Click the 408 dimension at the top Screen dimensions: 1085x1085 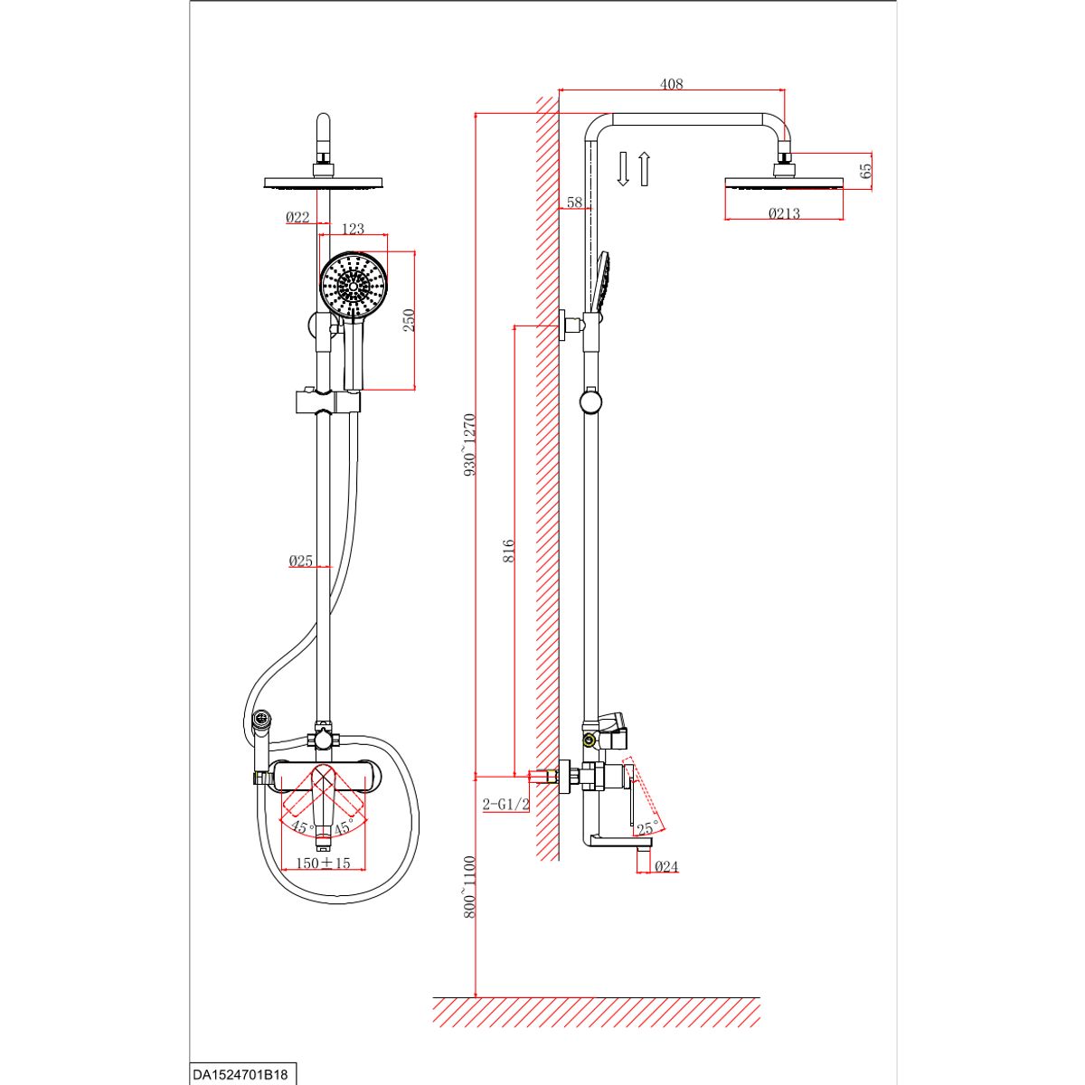pyautogui.click(x=671, y=84)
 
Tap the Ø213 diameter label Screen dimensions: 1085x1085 pyautogui.click(x=784, y=214)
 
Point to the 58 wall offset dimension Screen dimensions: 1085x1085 pyautogui.click(x=574, y=203)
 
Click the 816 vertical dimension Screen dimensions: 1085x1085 pyautogui.click(x=508, y=552)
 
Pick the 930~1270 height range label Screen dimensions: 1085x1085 pyautogui.click(x=468, y=445)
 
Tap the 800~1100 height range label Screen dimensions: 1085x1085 pyautogui.click(x=468, y=887)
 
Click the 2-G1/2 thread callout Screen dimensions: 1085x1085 pyautogui.click(x=505, y=805)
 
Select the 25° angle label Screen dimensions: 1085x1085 pyautogui.click(x=646, y=828)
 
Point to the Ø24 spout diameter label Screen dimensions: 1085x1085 pyautogui.click(x=665, y=867)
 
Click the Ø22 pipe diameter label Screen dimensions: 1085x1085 pyautogui.click(x=297, y=217)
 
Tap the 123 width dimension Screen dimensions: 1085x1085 pyautogui.click(x=353, y=230)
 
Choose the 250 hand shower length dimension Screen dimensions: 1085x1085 pyautogui.click(x=408, y=320)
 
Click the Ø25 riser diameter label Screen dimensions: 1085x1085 pyautogui.click(x=300, y=561)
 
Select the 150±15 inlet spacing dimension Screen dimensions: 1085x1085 pyautogui.click(x=323, y=863)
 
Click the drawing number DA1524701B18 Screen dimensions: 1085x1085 pyautogui.click(x=240, y=1075)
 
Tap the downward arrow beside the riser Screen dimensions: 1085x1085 pyautogui.click(x=623, y=169)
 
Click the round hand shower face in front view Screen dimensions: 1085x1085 pyautogui.click(x=354, y=284)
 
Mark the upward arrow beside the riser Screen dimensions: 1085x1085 pyautogui.click(x=644, y=169)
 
